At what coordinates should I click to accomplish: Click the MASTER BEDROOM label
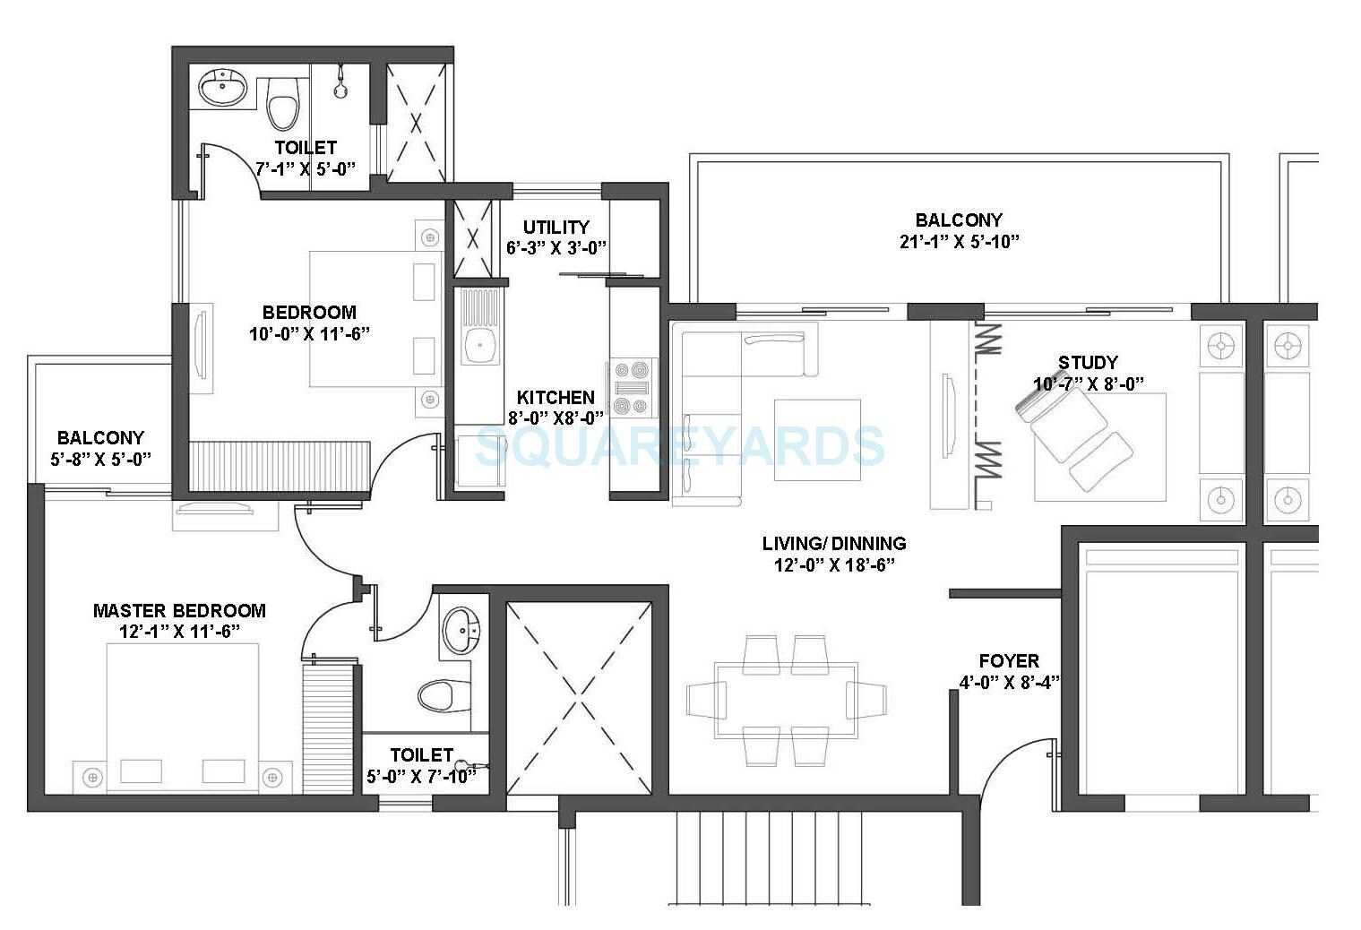click(179, 611)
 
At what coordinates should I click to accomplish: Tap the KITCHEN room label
click(556, 397)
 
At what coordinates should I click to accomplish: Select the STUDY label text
click(1088, 363)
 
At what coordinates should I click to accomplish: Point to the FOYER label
click(1009, 661)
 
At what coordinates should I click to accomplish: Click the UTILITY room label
click(556, 228)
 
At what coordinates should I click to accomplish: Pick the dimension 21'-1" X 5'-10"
click(959, 241)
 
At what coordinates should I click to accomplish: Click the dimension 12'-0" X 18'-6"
click(834, 564)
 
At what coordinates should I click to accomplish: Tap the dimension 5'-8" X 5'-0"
click(100, 459)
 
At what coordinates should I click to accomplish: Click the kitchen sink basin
click(481, 343)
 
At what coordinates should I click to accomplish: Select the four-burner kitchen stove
click(632, 387)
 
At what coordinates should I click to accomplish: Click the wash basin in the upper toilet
click(222, 89)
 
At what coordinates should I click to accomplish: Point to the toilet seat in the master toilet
click(444, 695)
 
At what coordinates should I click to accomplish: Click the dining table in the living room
click(785, 700)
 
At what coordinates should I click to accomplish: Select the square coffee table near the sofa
click(817, 440)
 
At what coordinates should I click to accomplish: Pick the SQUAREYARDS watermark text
click(679, 446)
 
